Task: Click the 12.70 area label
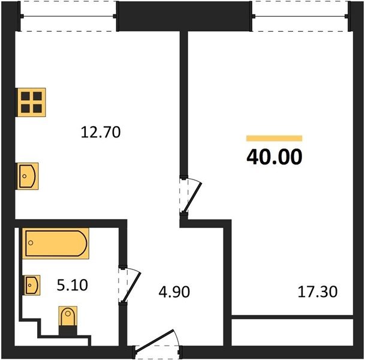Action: pyautogui.click(x=101, y=132)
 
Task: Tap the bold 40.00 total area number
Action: pyautogui.click(x=274, y=157)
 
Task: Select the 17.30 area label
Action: pyautogui.click(x=318, y=292)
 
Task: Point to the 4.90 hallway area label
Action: pyautogui.click(x=174, y=292)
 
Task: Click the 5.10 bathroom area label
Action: pyautogui.click(x=72, y=285)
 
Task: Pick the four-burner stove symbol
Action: pyautogui.click(x=31, y=102)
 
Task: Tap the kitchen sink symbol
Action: pyautogui.click(x=27, y=176)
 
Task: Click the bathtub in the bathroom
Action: pyautogui.click(x=56, y=243)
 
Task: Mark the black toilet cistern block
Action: pyautogui.click(x=68, y=331)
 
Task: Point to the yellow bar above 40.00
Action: pyautogui.click(x=274, y=138)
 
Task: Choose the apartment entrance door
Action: pyautogui.click(x=157, y=344)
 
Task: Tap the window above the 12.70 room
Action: pyautogui.click(x=68, y=16)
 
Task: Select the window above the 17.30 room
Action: pyautogui.click(x=300, y=16)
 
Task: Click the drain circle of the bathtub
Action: pyautogui.click(x=31, y=243)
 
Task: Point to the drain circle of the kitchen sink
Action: pyautogui.click(x=25, y=176)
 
